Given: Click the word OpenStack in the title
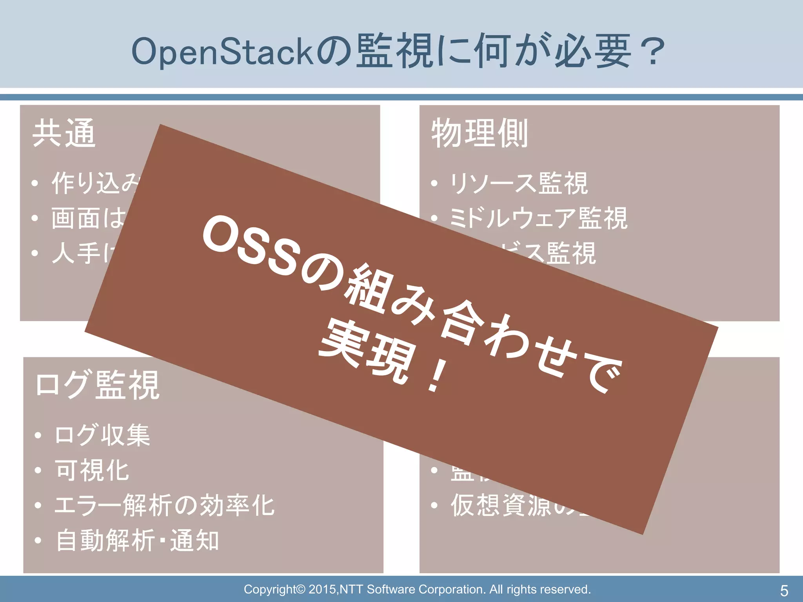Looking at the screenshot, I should [222, 52].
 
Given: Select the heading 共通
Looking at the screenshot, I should [64, 133].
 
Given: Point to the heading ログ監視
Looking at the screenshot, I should [97, 385].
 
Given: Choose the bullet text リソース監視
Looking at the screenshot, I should [518, 183].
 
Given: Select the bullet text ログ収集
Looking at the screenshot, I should [102, 435].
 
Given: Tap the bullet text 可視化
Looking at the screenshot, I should [92, 470].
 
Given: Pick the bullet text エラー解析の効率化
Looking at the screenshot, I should [165, 506].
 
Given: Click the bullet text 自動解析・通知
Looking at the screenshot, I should [137, 541].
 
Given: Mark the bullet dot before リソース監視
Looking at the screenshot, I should [434, 183].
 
